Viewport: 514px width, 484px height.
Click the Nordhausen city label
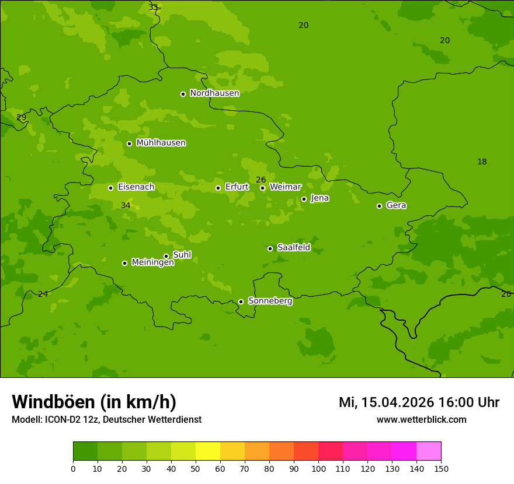click(x=214, y=93)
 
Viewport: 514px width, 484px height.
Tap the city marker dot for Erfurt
click(x=218, y=188)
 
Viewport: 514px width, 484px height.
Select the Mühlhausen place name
click(x=161, y=143)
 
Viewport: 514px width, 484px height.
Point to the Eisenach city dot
click(x=110, y=188)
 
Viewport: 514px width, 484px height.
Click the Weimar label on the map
click(x=285, y=187)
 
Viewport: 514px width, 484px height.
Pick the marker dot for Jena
click(x=304, y=199)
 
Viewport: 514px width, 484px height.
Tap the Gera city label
click(x=396, y=205)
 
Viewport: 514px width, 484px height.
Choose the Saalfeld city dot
click(x=270, y=248)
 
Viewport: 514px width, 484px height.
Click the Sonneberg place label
click(x=270, y=301)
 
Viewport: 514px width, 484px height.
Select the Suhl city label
click(x=182, y=255)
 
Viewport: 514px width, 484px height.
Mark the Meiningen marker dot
click(x=124, y=263)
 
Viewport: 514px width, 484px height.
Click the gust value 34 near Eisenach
click(x=126, y=205)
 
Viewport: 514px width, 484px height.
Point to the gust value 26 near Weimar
click(x=261, y=180)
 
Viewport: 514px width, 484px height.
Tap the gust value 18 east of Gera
click(x=482, y=162)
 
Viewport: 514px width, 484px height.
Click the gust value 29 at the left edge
click(x=22, y=117)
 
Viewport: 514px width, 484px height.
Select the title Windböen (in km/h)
click(x=94, y=402)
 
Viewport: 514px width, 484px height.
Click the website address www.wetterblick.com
click(x=421, y=419)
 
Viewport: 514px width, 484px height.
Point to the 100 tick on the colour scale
click(x=318, y=468)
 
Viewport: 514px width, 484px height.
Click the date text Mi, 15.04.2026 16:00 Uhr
click(x=419, y=402)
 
